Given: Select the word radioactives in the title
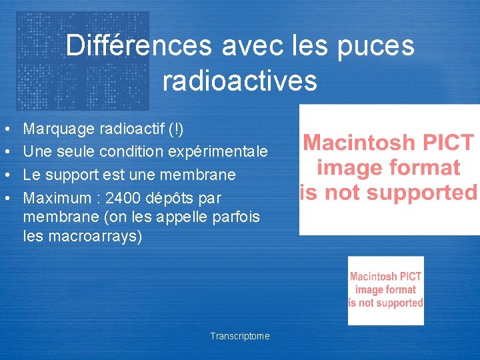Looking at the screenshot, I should (239, 81).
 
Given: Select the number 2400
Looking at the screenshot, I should (125, 198).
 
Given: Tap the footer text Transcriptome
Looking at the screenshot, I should (240, 336).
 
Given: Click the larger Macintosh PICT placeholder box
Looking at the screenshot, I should (389, 169).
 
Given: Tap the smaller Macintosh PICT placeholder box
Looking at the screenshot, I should (386, 290).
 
